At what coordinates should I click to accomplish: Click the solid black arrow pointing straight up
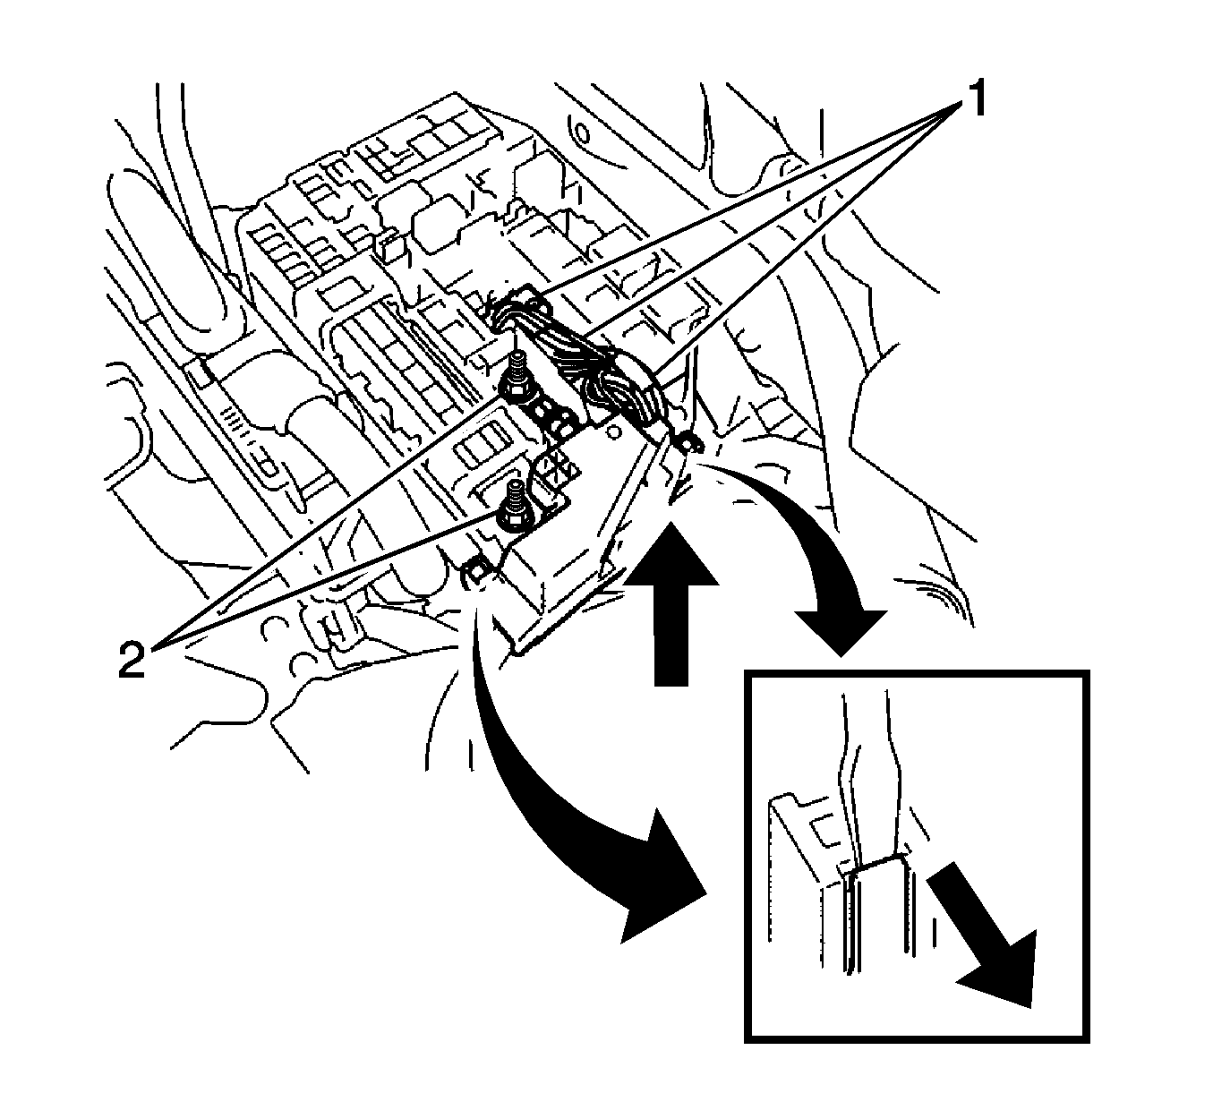pyautogui.click(x=671, y=605)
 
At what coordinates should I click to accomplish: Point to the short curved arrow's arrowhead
pyautogui.click(x=841, y=629)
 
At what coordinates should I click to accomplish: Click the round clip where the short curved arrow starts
pyautogui.click(x=688, y=444)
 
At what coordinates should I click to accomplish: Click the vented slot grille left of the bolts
pyautogui.click(x=478, y=447)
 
